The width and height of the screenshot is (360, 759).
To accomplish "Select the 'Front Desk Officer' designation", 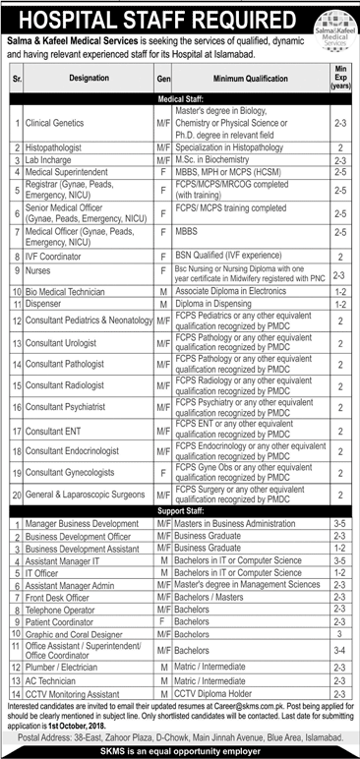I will (x=58, y=598).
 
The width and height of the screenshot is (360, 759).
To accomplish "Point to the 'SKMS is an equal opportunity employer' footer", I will (x=180, y=746).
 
